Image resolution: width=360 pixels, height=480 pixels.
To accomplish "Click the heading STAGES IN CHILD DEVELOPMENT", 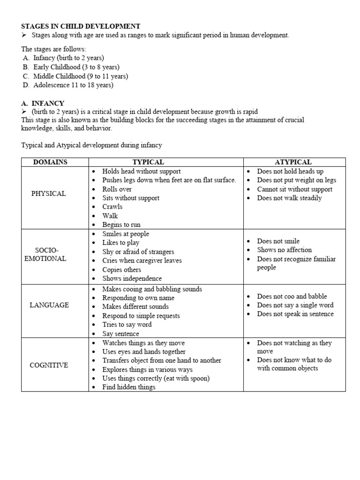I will pyautogui.click(x=81, y=26).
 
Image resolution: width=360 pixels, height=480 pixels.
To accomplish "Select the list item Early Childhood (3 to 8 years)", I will pyautogui.click(x=76, y=67).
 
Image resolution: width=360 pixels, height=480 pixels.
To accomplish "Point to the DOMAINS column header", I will pyautogui.click(x=50, y=162).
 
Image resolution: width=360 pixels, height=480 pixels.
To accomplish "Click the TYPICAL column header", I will pyautogui.click(x=148, y=162).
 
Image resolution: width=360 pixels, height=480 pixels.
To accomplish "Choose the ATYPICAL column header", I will pyautogui.click(x=293, y=162).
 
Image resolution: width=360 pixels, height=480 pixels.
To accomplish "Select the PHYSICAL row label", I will pyautogui.click(x=49, y=194).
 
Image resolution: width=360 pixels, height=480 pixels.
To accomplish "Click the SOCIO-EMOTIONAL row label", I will pyautogui.click(x=45, y=254).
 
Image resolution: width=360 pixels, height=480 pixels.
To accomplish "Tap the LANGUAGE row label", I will pyautogui.click(x=49, y=305).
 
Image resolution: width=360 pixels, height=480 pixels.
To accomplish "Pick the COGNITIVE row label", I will pyautogui.click(x=49, y=365).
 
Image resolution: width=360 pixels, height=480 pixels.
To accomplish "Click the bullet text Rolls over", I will pyautogui.click(x=117, y=189).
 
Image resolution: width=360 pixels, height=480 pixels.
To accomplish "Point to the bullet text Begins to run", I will pyautogui.click(x=121, y=225).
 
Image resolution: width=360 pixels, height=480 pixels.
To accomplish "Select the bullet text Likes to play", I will pyautogui.click(x=121, y=243).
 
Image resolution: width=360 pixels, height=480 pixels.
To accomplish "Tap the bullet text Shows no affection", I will pyautogui.click(x=284, y=250).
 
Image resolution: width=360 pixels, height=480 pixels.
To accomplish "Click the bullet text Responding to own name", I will pyautogui.click(x=138, y=298).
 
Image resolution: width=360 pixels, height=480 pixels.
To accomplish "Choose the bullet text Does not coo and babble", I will pyautogui.click(x=292, y=296).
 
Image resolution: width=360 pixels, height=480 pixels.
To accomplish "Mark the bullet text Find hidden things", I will pyautogui.click(x=129, y=387).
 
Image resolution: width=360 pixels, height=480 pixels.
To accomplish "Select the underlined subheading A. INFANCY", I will pyautogui.click(x=43, y=103).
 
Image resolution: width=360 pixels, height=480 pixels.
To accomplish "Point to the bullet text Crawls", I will pyautogui.click(x=112, y=207).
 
